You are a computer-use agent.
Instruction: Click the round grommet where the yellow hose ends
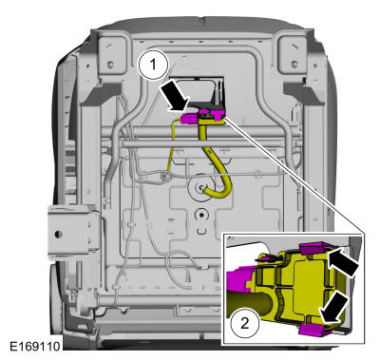coord(201,189)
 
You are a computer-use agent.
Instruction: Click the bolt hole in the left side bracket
coord(59,231)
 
